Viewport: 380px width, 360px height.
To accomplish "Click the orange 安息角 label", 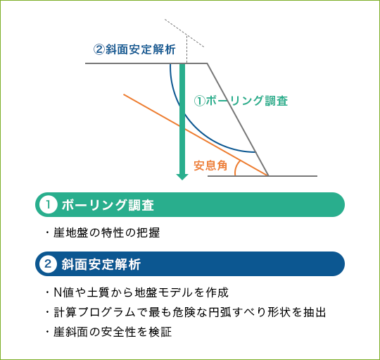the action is click(210, 166).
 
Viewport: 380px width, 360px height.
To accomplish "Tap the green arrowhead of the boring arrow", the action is click(182, 177).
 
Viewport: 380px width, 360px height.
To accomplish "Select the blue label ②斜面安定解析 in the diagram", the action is click(134, 49).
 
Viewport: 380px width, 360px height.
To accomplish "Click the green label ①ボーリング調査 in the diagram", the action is click(241, 101).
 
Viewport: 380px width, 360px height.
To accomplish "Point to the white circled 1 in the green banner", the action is click(49, 204).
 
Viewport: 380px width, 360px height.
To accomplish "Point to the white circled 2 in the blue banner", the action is click(49, 263).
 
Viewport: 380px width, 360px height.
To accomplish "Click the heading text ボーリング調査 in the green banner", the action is click(108, 205).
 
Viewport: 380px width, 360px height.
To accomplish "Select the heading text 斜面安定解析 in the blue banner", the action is click(101, 264).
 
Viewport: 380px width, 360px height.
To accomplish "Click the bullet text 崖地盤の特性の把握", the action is click(107, 232).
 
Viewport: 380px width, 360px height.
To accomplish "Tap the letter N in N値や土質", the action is click(58, 292).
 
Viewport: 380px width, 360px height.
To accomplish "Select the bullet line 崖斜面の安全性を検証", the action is click(113, 332).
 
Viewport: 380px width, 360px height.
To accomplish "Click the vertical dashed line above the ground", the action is click(186, 49).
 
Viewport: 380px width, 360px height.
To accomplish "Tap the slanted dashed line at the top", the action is click(184, 32).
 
